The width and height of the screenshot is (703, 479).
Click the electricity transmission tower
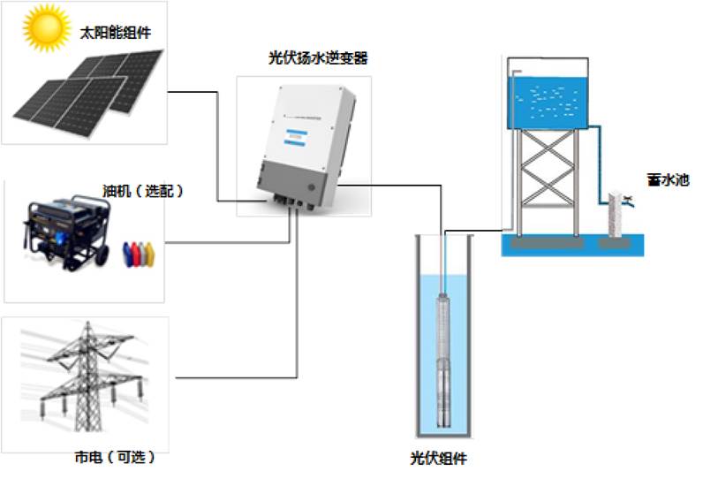pos(84,371)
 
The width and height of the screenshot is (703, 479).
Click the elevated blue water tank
pos(547,98)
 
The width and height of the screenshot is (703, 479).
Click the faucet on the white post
pos(627,200)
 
